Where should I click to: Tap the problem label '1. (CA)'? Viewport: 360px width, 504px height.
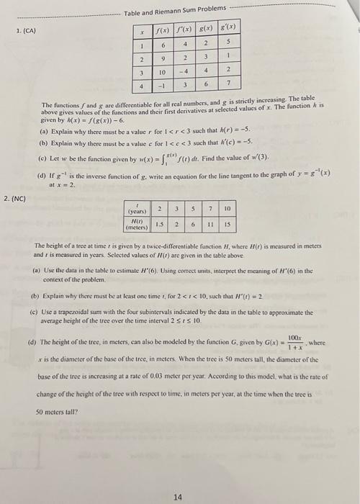[26, 30]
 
